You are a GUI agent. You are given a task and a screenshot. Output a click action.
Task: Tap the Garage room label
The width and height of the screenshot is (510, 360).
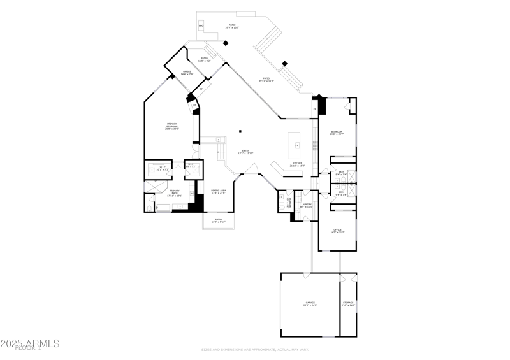click(x=310, y=304)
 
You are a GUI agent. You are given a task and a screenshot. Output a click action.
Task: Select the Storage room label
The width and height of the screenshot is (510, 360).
click(x=348, y=304)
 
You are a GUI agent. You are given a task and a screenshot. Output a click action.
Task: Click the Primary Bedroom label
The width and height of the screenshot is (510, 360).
click(x=171, y=126)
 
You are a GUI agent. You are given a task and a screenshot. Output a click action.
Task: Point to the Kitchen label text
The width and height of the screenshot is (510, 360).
click(x=297, y=164)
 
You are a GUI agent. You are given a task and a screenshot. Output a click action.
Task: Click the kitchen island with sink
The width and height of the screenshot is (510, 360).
click(x=296, y=146)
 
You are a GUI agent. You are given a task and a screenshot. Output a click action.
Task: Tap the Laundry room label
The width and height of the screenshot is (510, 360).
click(x=306, y=205)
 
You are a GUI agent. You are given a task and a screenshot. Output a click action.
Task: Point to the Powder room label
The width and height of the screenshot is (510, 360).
click(x=289, y=204)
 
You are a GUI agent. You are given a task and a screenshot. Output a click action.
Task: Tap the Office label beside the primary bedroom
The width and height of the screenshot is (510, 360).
click(x=187, y=73)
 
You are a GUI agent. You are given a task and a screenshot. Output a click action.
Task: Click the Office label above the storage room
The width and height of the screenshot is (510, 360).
click(x=337, y=231)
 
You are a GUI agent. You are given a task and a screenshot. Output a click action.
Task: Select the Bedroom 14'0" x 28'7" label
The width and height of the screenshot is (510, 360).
click(x=337, y=133)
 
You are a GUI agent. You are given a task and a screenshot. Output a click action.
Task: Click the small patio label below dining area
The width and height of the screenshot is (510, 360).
click(x=218, y=220)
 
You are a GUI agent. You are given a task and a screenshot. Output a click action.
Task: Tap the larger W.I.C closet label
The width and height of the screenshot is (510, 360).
click(x=163, y=169)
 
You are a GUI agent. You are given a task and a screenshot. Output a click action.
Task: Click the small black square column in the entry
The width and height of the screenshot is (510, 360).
click(x=240, y=131)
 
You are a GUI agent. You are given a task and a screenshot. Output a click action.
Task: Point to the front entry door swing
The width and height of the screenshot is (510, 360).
click(x=251, y=170)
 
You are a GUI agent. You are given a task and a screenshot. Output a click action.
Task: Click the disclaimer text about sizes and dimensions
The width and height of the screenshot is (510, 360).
click(x=255, y=350)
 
